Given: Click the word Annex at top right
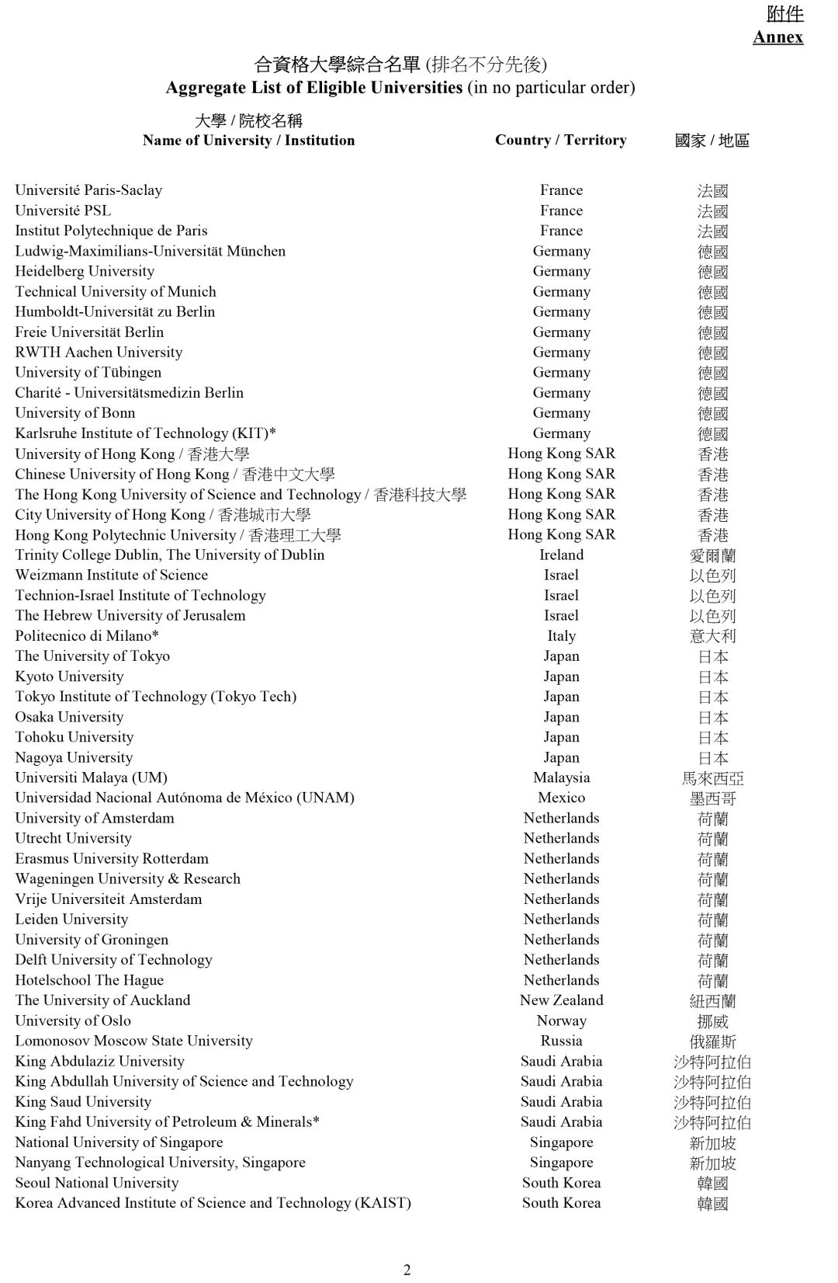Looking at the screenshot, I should tap(777, 37).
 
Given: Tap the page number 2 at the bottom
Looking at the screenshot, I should tap(407, 1270).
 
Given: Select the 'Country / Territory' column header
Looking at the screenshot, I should tap(560, 140).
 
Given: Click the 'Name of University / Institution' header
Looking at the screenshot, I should tap(248, 141).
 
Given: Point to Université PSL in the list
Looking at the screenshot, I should tap(63, 210).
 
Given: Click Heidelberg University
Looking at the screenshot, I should tap(85, 271).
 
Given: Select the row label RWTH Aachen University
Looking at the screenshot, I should tap(99, 352).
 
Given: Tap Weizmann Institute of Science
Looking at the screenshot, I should tap(112, 575).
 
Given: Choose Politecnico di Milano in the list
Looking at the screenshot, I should tap(87, 635).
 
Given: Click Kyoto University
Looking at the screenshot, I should tap(69, 676).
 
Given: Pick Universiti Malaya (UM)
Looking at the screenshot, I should tap(91, 777).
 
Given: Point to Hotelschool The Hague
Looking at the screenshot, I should tap(89, 980).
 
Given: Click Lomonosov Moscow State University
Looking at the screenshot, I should tap(133, 1041).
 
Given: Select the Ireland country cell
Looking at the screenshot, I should tap(561, 555).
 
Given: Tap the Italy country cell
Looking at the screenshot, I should tap(561, 635).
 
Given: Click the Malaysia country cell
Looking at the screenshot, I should tap(561, 777).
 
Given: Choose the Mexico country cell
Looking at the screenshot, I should tap(561, 798).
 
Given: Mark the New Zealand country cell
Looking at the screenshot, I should tap(561, 1000).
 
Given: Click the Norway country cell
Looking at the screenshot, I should tap(561, 1020).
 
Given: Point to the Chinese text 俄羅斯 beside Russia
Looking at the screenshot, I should tap(712, 1041).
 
